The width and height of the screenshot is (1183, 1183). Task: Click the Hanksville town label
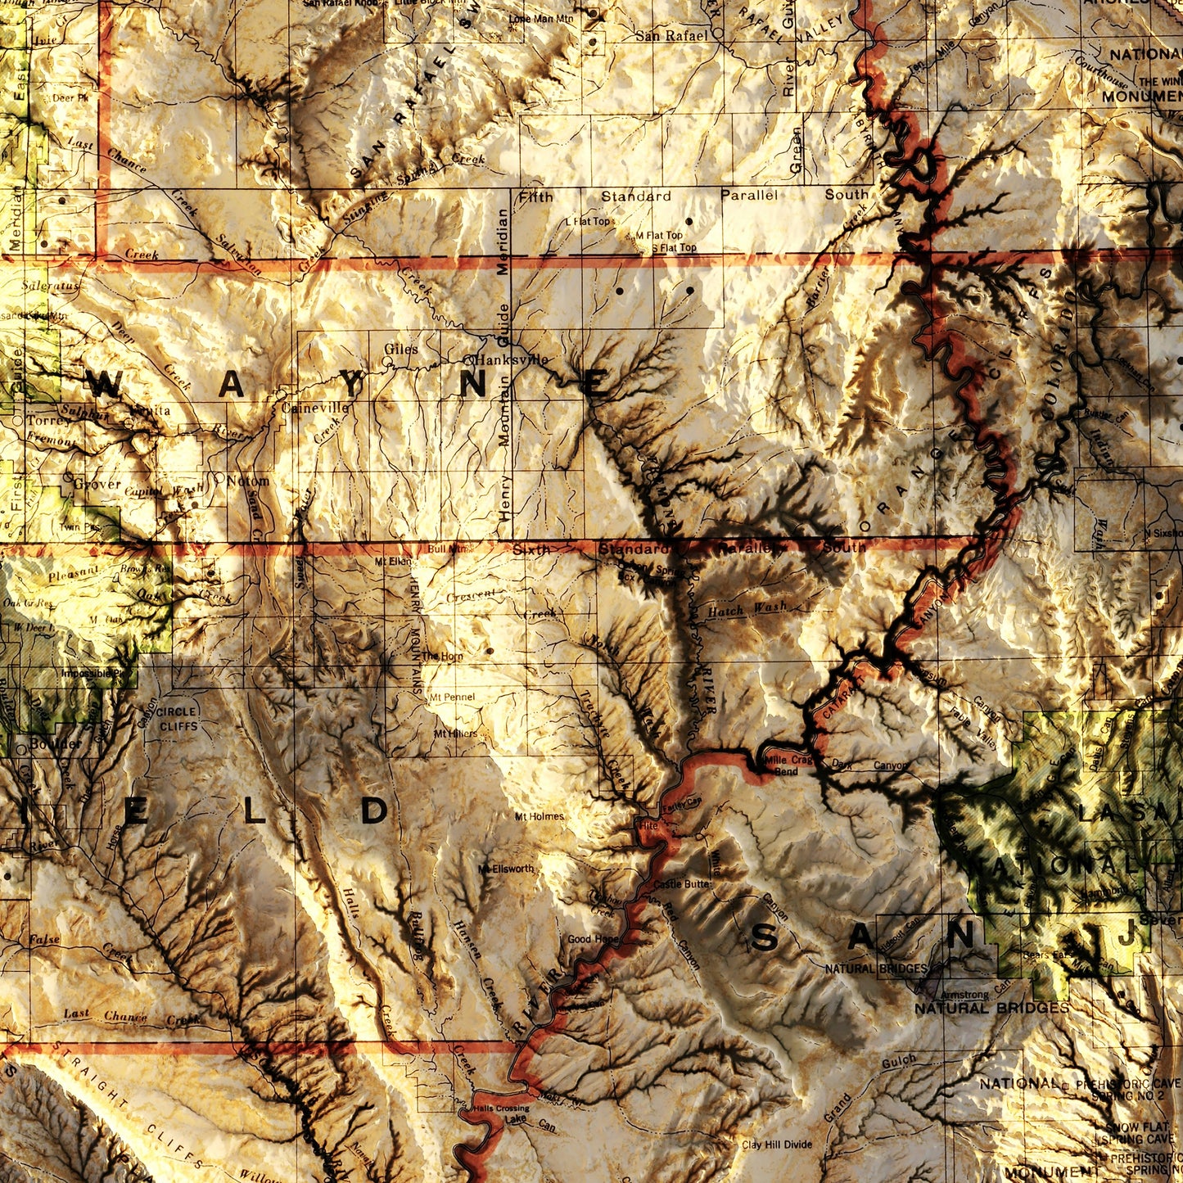point(513,359)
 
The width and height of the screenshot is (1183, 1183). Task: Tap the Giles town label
point(401,349)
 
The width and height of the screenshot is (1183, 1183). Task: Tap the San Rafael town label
point(671,36)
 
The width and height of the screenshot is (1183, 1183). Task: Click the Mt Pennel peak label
point(452,697)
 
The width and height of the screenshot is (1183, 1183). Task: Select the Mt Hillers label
point(456,734)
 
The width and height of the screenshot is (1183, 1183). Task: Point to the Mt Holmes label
point(540,816)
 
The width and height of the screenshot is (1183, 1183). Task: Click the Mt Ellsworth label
point(506,869)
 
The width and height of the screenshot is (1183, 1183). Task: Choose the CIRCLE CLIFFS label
point(177,719)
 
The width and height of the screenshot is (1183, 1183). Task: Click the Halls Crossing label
point(500,1108)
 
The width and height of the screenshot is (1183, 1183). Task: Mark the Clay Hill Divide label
point(777,1145)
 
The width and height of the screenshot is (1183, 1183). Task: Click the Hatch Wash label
point(747,609)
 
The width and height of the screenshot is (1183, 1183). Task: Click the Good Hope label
point(593,939)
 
